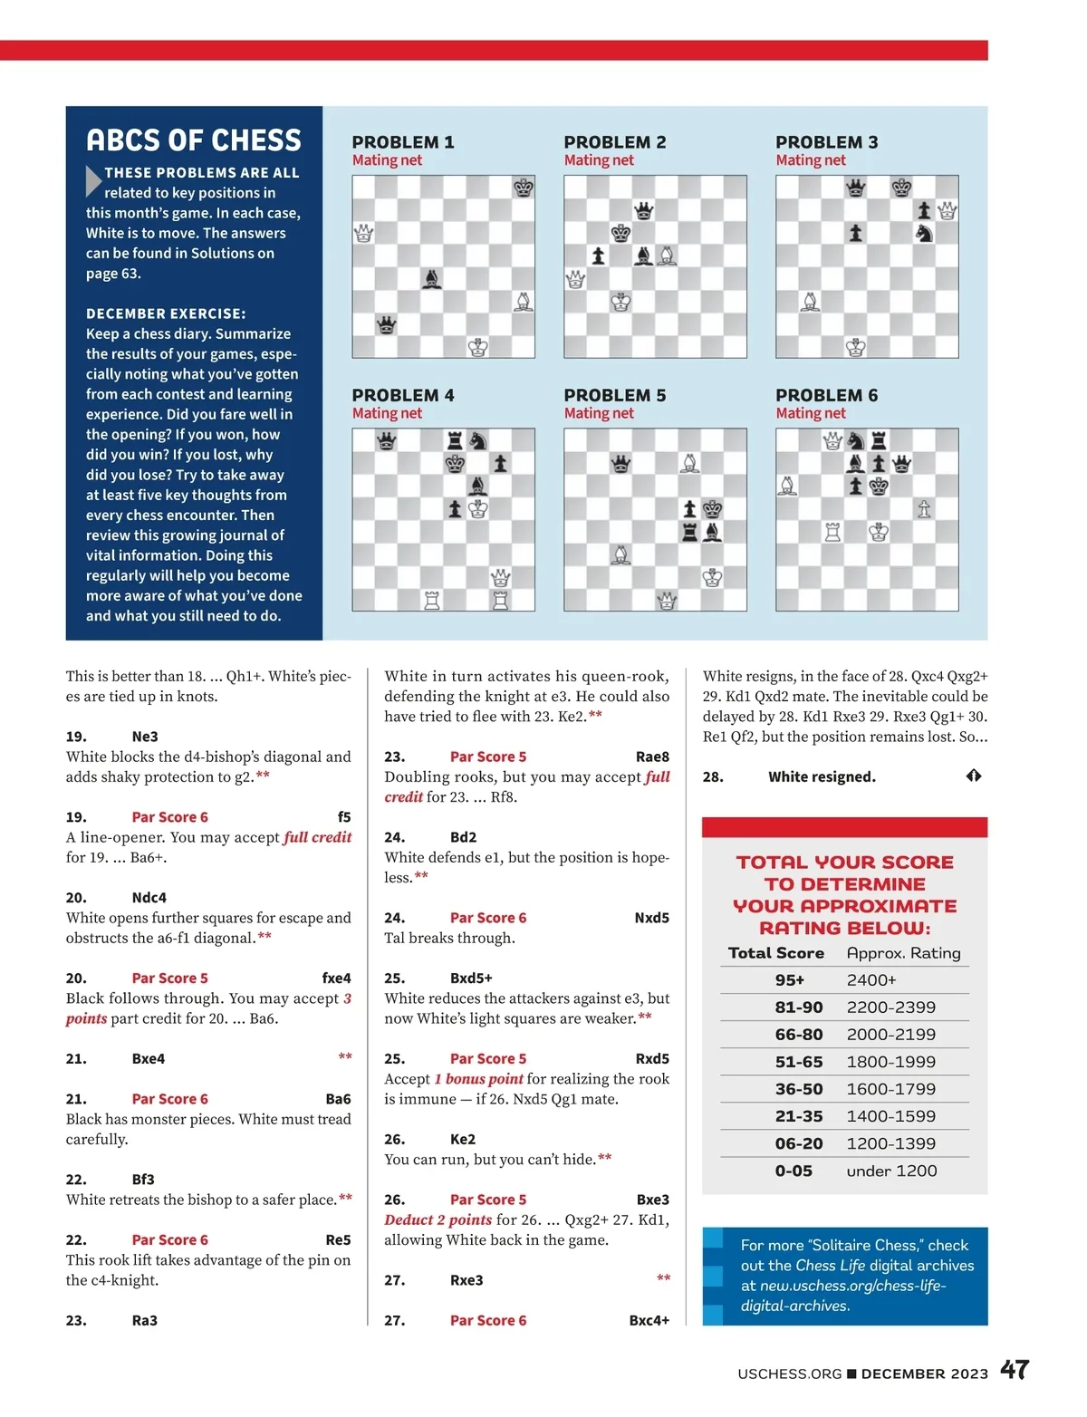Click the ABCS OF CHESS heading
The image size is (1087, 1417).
pyautogui.click(x=194, y=140)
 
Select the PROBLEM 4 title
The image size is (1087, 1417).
pyautogui.click(x=403, y=395)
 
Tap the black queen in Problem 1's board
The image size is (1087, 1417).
pyautogui.click(x=387, y=324)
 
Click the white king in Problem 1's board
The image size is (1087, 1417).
pyautogui.click(x=478, y=347)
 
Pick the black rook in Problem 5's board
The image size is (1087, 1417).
pyautogui.click(x=689, y=532)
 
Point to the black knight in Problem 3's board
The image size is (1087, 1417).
pyautogui.click(x=924, y=233)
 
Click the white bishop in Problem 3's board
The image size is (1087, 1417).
pyautogui.click(x=811, y=301)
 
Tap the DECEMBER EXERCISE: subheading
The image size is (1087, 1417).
pyautogui.click(x=166, y=313)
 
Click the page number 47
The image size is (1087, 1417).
pyautogui.click(x=1015, y=1370)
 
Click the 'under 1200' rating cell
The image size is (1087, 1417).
pyautogui.click(x=891, y=1171)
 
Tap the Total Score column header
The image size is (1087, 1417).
pyautogui.click(x=776, y=953)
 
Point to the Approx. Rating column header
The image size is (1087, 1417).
pyautogui.click(x=903, y=953)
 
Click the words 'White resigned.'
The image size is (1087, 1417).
pyautogui.click(x=822, y=776)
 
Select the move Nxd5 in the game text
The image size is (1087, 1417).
pyautogui.click(x=651, y=918)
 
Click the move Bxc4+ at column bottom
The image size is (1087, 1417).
pyautogui.click(x=649, y=1320)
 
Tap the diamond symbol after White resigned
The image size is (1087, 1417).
pyautogui.click(x=974, y=776)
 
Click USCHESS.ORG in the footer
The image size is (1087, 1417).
pyautogui.click(x=790, y=1374)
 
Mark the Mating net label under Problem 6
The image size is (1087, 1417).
pyautogui.click(x=811, y=413)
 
